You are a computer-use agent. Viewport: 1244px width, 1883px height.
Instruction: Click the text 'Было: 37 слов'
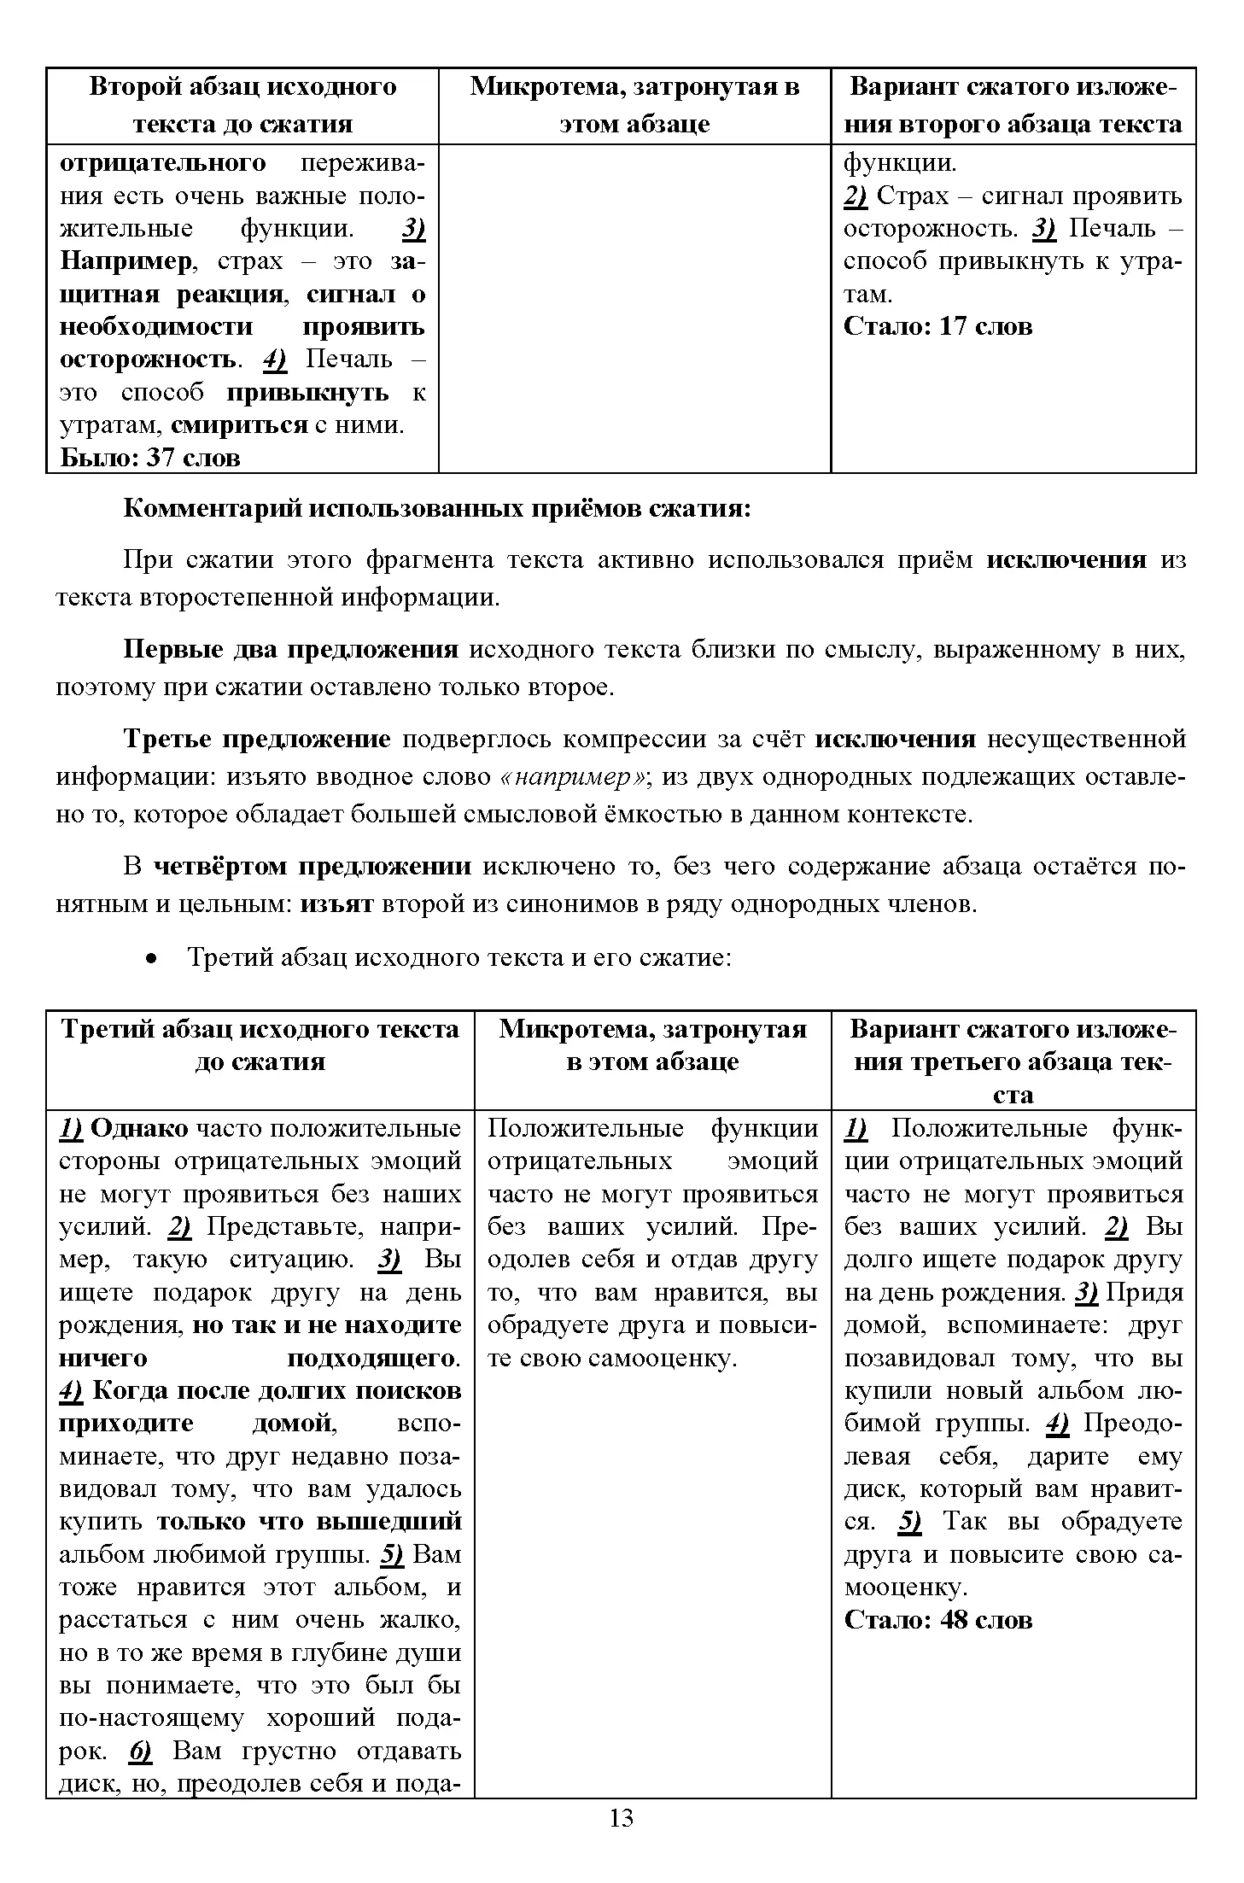150,458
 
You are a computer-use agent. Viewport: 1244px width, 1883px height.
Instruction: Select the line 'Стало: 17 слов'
937,326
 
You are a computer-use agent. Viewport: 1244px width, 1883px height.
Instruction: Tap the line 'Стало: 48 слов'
937,1620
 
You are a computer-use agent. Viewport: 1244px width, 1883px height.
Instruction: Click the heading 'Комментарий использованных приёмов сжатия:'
437,509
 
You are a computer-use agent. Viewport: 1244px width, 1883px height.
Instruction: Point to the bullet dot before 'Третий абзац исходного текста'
151,959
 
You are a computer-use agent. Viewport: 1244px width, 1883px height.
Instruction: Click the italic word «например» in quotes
576,777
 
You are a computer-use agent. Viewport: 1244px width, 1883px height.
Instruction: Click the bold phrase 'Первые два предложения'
291,650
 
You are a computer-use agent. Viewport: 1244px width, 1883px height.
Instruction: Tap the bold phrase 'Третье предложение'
257,739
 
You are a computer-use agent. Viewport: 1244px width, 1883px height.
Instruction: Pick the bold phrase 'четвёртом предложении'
312,867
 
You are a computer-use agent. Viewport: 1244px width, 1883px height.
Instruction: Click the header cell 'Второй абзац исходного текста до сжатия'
242,105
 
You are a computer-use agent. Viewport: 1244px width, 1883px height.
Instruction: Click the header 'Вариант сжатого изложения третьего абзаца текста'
1013,1061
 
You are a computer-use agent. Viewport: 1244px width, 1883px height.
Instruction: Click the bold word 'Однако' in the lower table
139,1129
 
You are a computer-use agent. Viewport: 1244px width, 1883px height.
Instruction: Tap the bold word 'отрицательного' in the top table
162,162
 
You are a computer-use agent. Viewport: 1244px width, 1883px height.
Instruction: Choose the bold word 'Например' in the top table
126,261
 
